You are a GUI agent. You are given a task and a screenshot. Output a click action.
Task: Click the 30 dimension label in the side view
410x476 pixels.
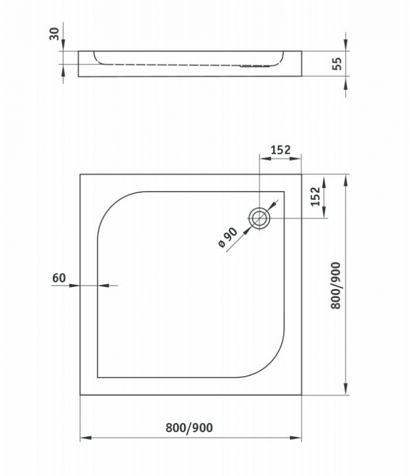[x=54, y=34]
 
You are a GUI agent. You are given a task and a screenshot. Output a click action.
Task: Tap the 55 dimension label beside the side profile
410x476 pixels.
[x=337, y=64]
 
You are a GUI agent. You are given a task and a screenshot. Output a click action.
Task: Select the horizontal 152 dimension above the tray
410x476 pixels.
[x=281, y=150]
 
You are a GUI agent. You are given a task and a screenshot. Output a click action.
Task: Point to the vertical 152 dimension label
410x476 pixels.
[x=315, y=196]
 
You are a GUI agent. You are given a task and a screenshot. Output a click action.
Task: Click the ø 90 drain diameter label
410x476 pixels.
[x=228, y=237]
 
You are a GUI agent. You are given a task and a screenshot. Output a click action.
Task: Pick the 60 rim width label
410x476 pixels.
[x=59, y=278]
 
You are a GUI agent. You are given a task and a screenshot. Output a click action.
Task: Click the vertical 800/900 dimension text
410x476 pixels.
[x=336, y=286]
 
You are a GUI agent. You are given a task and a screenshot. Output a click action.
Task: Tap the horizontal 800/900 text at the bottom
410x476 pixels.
[x=189, y=428]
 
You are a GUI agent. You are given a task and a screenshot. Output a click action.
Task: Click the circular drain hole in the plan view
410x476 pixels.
[x=259, y=218]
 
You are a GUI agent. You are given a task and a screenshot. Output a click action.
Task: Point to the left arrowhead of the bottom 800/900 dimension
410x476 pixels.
[x=86, y=438]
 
